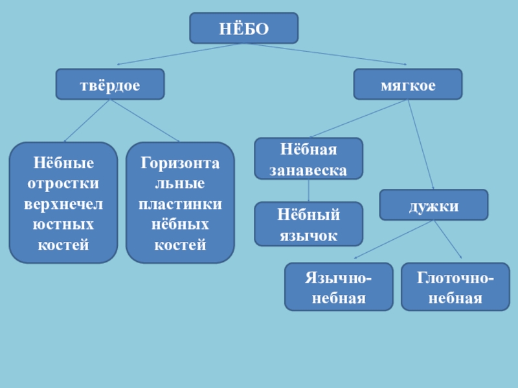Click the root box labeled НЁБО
click(x=243, y=28)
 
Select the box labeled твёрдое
click(x=110, y=85)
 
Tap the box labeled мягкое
click(x=408, y=85)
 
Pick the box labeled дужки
click(x=433, y=206)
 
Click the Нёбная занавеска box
click(x=308, y=159)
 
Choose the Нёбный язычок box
click(x=308, y=224)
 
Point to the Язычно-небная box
click(x=339, y=287)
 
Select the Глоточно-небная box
click(x=455, y=287)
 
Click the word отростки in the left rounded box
click(x=63, y=183)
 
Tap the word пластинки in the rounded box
click(x=180, y=204)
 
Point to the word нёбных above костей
click(x=180, y=224)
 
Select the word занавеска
click(x=308, y=170)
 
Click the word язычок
click(x=308, y=235)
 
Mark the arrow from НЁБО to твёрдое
click(x=175, y=54)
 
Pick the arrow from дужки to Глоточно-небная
click(x=447, y=239)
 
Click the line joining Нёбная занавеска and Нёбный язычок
click(x=308, y=191)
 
